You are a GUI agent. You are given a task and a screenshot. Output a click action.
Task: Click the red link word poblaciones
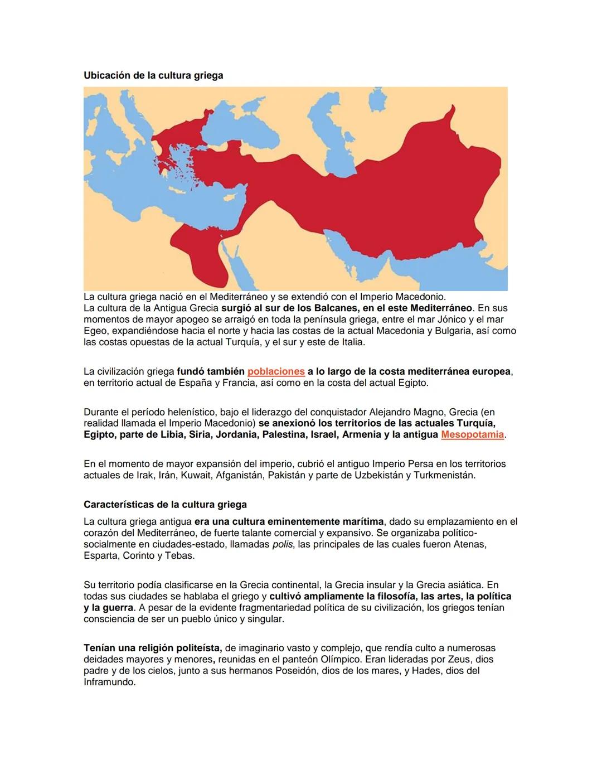click(x=276, y=371)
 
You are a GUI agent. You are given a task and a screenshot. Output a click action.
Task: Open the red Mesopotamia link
click(x=472, y=434)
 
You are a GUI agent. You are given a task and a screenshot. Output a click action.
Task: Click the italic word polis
click(x=283, y=544)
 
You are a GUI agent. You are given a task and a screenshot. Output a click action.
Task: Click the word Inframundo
click(x=109, y=682)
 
